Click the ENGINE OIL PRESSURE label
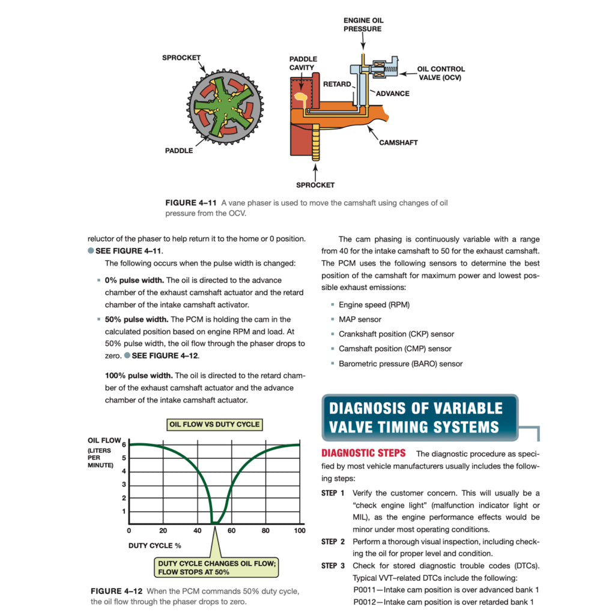click(363, 25)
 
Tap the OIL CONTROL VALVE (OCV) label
click(440, 73)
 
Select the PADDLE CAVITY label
click(303, 64)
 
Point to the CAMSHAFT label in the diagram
click(398, 143)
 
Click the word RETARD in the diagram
click(337, 84)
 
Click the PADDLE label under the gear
click(179, 151)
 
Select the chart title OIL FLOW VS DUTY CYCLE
click(214, 424)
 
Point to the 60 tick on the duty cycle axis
click(232, 531)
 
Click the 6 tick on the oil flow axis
click(124, 445)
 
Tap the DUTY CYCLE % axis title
click(154, 546)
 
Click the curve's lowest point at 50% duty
click(214, 523)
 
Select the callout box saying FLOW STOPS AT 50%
click(214, 568)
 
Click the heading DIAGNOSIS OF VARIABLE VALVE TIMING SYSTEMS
click(416, 417)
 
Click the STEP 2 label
click(333, 542)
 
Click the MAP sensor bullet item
click(360, 320)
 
